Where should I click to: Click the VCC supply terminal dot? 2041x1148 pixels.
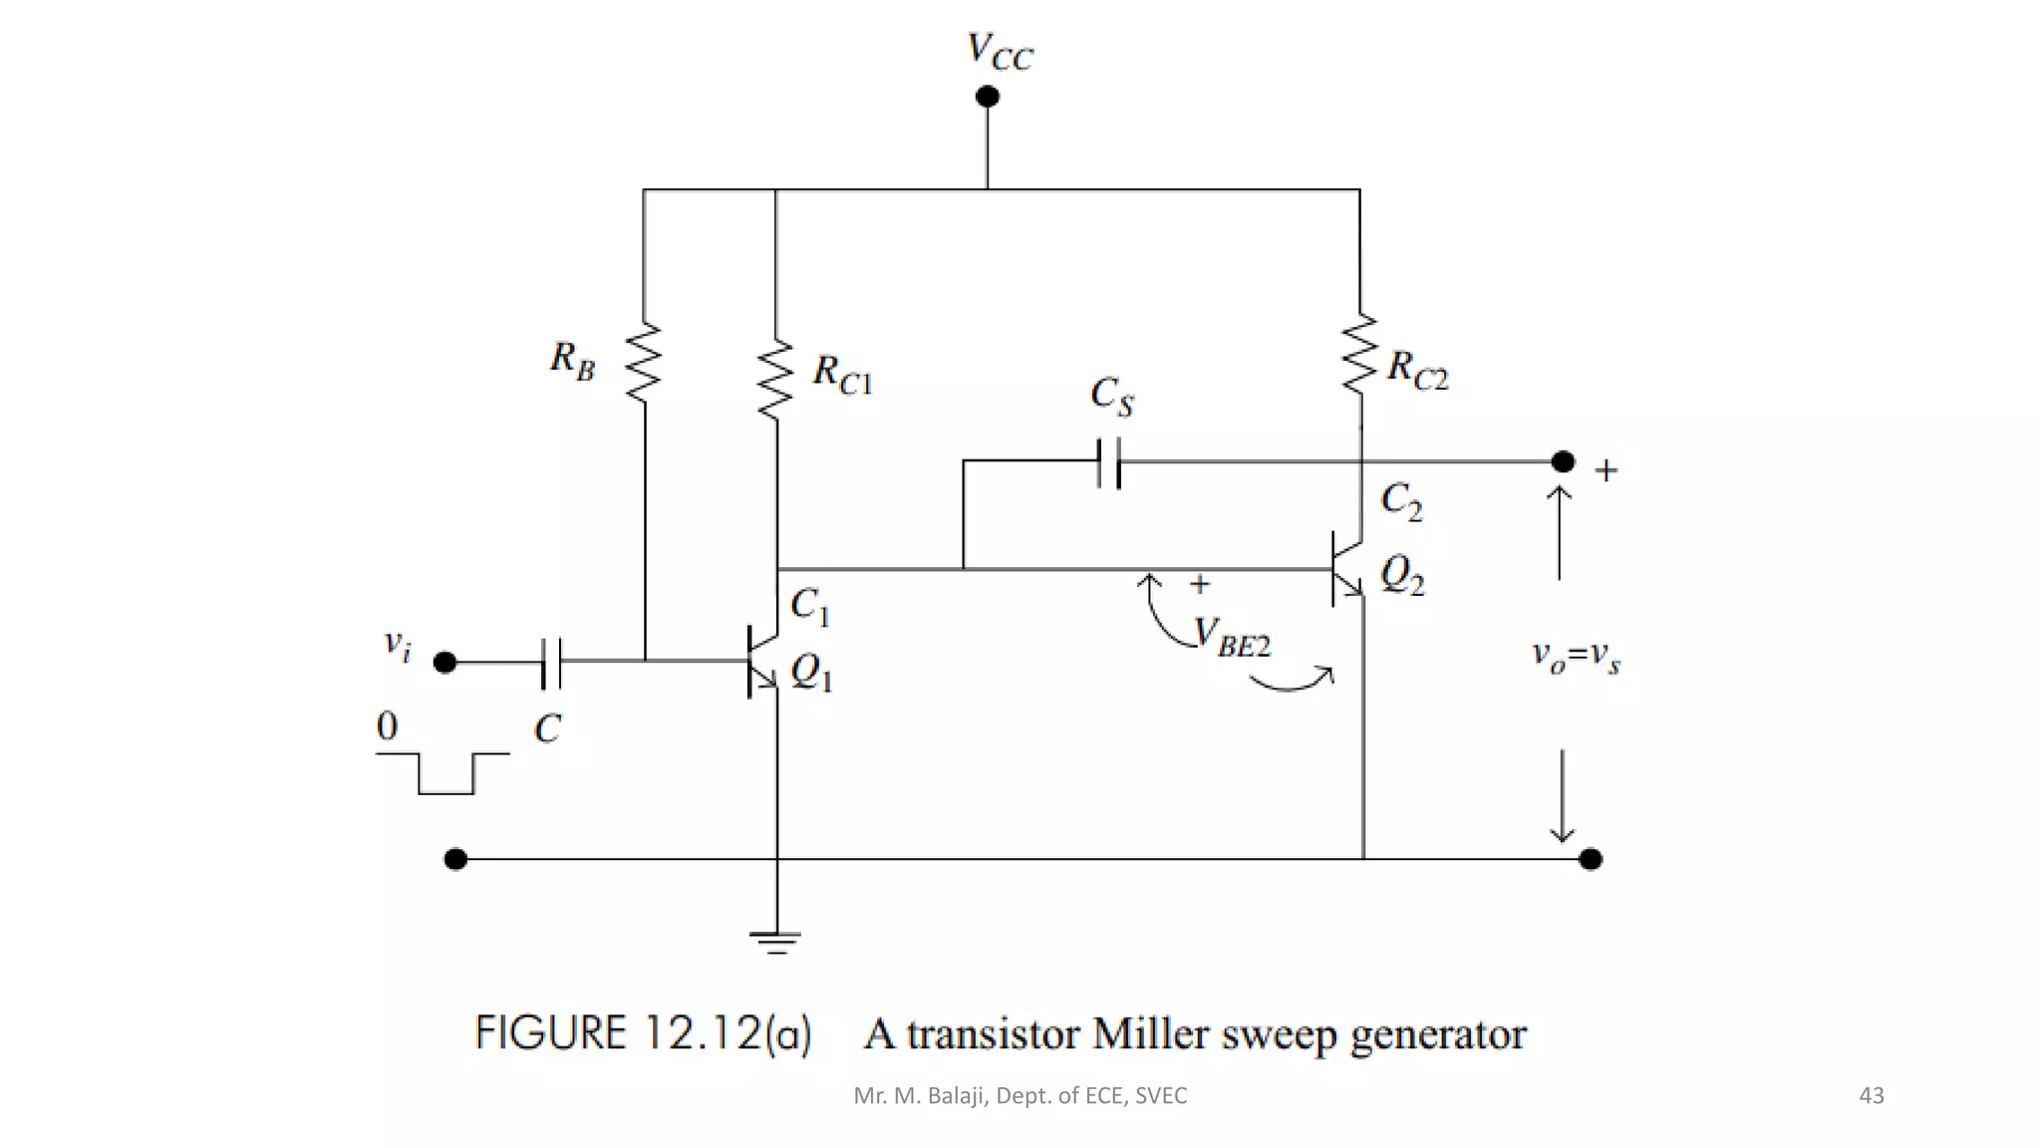pos(987,97)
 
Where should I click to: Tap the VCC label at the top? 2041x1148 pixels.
pos(1000,51)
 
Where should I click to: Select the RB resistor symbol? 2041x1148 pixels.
pos(644,362)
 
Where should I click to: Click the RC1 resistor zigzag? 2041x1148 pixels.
pos(775,379)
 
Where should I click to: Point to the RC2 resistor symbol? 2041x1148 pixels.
pos(1359,355)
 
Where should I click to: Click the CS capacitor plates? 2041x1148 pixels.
pos(1108,463)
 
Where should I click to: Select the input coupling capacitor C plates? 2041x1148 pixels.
pos(551,663)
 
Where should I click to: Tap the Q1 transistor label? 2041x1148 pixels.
pos(811,674)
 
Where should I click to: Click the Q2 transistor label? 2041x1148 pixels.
pos(1402,575)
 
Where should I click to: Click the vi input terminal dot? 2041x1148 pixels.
pos(445,662)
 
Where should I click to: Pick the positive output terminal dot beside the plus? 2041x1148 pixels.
pos(1563,461)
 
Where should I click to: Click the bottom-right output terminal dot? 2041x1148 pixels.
pos(1591,859)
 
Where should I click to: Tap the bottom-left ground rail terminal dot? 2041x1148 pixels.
pos(455,859)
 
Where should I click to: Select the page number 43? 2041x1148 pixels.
pos(1871,1096)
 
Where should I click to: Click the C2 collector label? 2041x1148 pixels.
pos(1401,501)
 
